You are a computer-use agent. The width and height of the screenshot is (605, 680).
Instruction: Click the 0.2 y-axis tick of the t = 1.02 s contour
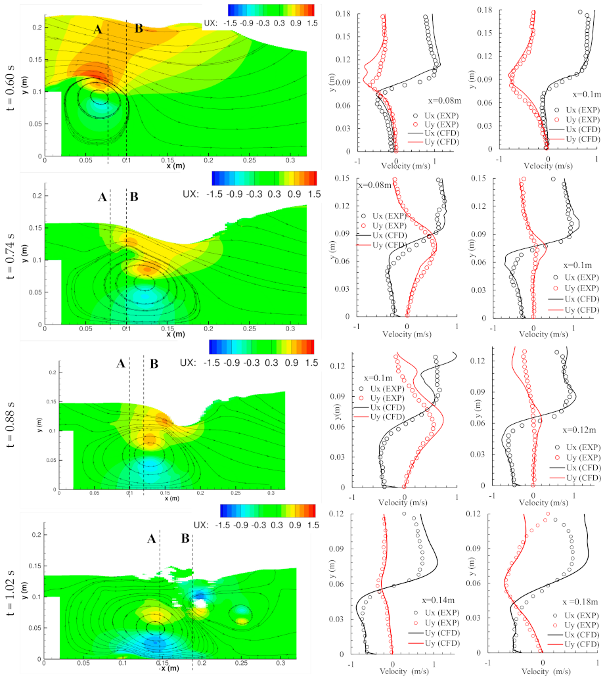[37, 535]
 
